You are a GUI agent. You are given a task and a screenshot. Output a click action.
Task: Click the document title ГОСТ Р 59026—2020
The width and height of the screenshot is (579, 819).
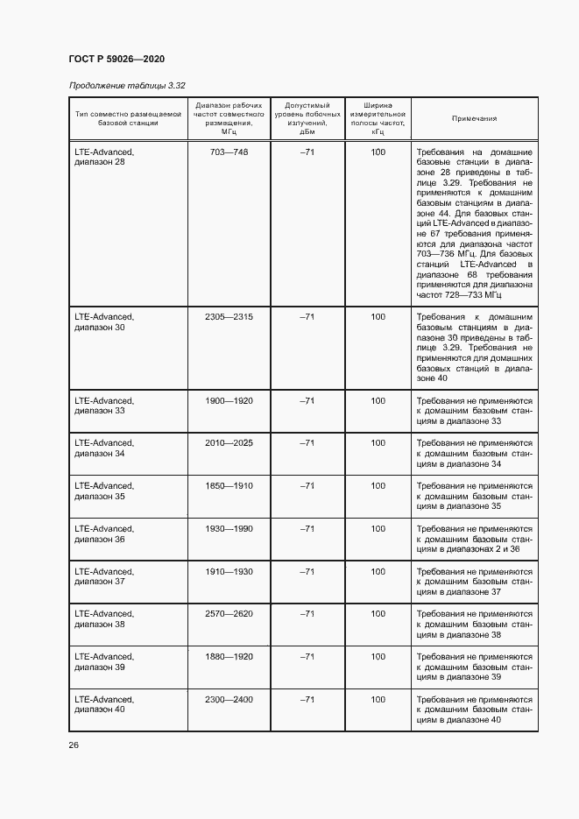[117, 59]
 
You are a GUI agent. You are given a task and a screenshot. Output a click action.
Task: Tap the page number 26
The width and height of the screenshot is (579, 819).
[74, 745]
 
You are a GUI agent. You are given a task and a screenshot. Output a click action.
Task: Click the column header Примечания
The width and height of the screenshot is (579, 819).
[474, 118]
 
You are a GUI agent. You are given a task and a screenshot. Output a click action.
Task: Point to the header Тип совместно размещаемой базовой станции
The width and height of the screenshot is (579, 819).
[128, 118]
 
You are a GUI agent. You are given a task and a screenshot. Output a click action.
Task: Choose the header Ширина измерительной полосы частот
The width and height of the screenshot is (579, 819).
[378, 118]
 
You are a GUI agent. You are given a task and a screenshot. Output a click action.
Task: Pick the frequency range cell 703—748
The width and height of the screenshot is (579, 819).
[229, 152]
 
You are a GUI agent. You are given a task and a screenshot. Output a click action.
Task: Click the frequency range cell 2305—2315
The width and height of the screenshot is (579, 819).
[229, 316]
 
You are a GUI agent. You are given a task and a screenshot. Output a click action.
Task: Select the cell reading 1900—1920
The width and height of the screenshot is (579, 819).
[229, 400]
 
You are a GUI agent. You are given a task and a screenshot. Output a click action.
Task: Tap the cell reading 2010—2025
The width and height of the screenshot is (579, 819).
[229, 443]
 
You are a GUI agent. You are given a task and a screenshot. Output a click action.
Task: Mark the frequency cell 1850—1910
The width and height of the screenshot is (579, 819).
[229, 485]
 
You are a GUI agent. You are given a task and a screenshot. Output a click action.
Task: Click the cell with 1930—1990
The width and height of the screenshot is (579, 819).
[229, 528]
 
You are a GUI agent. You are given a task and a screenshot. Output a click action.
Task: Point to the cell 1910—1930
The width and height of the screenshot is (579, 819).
[229, 571]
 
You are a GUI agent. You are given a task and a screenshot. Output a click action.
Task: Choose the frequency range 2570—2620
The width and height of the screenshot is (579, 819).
[229, 614]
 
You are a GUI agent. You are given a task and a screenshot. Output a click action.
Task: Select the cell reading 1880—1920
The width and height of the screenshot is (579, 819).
[229, 656]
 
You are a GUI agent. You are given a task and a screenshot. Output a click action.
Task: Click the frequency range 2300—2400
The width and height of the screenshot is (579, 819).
[229, 699]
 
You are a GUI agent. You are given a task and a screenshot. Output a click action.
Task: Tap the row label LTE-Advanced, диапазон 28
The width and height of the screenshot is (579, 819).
[104, 157]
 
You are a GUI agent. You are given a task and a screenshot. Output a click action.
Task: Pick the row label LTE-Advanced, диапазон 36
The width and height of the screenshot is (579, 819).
[104, 533]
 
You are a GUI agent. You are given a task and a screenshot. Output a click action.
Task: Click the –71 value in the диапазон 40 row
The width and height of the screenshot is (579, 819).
[307, 699]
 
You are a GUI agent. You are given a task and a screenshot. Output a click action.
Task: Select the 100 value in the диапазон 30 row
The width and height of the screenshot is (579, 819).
[378, 316]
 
